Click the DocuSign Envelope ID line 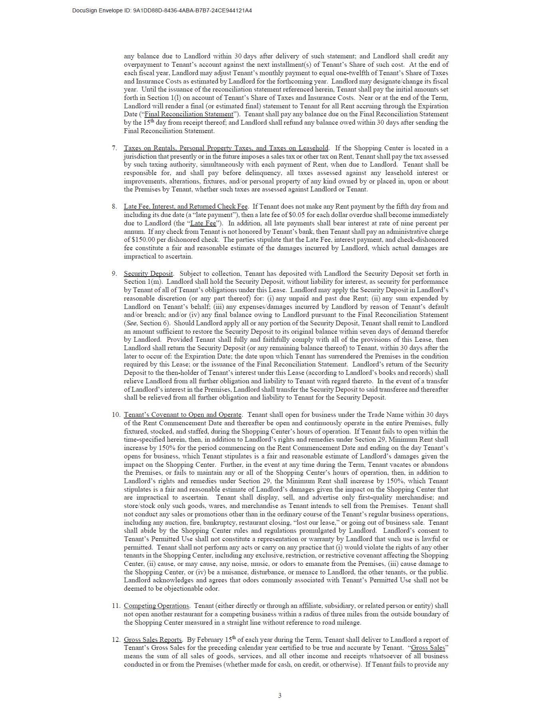[162, 10]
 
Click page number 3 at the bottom [279, 695]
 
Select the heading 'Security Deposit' [148, 273]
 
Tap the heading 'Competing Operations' [157, 605]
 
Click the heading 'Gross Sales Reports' [153, 639]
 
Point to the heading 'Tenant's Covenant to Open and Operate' [182, 414]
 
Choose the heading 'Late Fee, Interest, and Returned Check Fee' [186, 206]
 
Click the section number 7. [114, 148]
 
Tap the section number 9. [114, 273]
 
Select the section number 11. [116, 605]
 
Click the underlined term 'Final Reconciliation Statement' [189, 114]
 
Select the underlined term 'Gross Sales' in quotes [428, 648]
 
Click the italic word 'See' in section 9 [131, 323]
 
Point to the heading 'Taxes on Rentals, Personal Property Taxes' [226, 148]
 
